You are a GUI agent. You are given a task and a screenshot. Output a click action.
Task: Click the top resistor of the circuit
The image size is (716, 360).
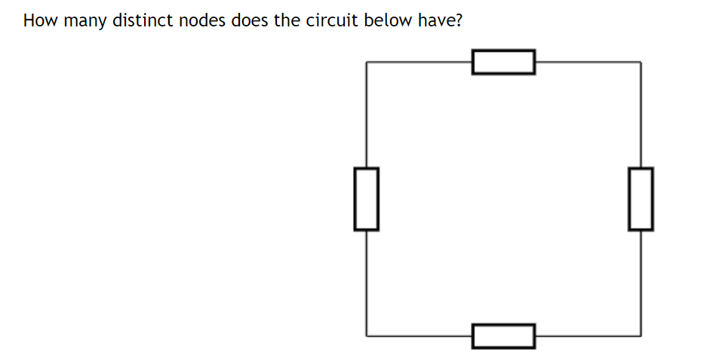pyautogui.click(x=503, y=62)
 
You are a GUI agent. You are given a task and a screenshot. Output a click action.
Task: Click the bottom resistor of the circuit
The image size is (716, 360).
pyautogui.click(x=503, y=335)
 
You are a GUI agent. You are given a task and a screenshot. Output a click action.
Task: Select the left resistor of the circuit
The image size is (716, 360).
pyautogui.click(x=366, y=198)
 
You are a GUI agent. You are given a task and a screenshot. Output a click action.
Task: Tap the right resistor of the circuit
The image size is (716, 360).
pyautogui.click(x=641, y=198)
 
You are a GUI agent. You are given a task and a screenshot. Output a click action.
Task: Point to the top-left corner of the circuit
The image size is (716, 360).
pyautogui.click(x=367, y=62)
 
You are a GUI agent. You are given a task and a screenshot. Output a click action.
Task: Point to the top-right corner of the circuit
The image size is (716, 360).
pyautogui.click(x=641, y=62)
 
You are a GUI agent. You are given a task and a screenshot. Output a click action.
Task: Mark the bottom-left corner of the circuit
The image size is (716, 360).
pyautogui.click(x=367, y=335)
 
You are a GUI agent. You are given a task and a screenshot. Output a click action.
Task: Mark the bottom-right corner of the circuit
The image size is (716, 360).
pyautogui.click(x=641, y=335)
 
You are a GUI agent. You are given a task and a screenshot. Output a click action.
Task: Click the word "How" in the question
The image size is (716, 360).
pyautogui.click(x=40, y=20)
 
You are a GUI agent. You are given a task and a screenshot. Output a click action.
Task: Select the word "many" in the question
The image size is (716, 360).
pyautogui.click(x=85, y=21)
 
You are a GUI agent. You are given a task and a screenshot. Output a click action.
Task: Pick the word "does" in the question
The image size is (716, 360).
pyautogui.click(x=250, y=20)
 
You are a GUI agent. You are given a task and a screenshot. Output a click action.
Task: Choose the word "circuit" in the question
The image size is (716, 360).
pyautogui.click(x=333, y=20)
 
